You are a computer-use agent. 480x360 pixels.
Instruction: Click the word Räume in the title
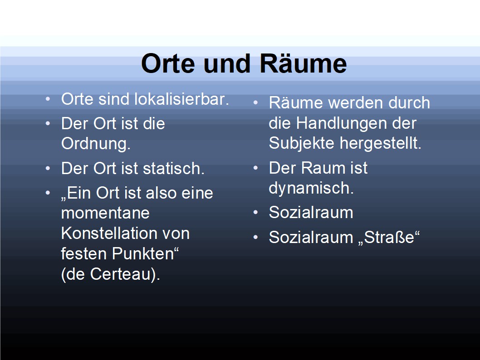coord(304,63)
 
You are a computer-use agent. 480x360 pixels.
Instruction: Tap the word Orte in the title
coord(168,63)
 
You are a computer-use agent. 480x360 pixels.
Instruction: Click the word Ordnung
coord(96,144)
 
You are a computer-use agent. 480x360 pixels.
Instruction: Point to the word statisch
coord(174,168)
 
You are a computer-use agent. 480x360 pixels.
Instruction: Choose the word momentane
coord(105,213)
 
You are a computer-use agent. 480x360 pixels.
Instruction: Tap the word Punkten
coord(146,253)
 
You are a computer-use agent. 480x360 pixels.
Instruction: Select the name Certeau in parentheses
coord(121,274)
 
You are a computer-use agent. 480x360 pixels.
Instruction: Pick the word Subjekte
coord(301,143)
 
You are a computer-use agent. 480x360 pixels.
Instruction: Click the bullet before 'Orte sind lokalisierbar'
coord(48,99)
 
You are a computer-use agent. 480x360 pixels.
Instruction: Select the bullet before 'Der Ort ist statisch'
coord(48,168)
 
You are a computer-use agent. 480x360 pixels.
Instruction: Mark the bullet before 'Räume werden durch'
coord(256,103)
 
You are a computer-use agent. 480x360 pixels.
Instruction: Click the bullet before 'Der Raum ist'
coord(256,168)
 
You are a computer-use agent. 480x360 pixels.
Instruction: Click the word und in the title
coord(227,63)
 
